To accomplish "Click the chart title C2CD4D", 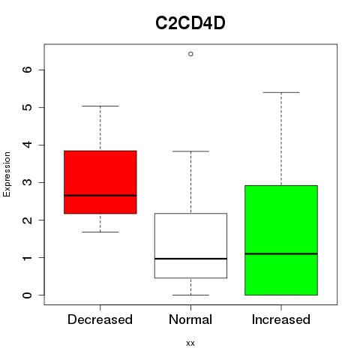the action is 190,23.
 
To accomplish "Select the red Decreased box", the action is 100,182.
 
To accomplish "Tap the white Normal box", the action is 190,245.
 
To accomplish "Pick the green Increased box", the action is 281,240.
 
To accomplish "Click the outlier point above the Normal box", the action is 190,54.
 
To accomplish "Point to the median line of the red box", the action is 100,196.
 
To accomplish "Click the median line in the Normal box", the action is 190,259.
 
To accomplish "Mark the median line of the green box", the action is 281,253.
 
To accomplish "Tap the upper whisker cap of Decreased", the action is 100,106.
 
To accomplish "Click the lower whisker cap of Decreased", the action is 100,232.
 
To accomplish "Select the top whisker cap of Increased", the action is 281,92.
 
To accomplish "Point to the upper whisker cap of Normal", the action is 190,151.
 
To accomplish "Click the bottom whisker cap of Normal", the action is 190,295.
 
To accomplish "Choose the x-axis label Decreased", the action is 100,319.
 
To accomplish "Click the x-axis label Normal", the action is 190,319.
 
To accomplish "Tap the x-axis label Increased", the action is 281,319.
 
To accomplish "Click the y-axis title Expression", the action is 7,174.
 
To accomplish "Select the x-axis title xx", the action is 190,343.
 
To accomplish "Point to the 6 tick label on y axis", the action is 27,70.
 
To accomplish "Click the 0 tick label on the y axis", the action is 27,295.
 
